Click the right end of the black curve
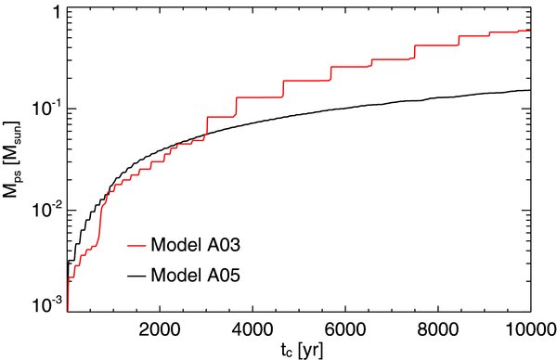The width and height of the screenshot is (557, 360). pyautogui.click(x=529, y=90)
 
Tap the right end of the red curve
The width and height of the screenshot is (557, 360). pyautogui.click(x=529, y=31)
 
